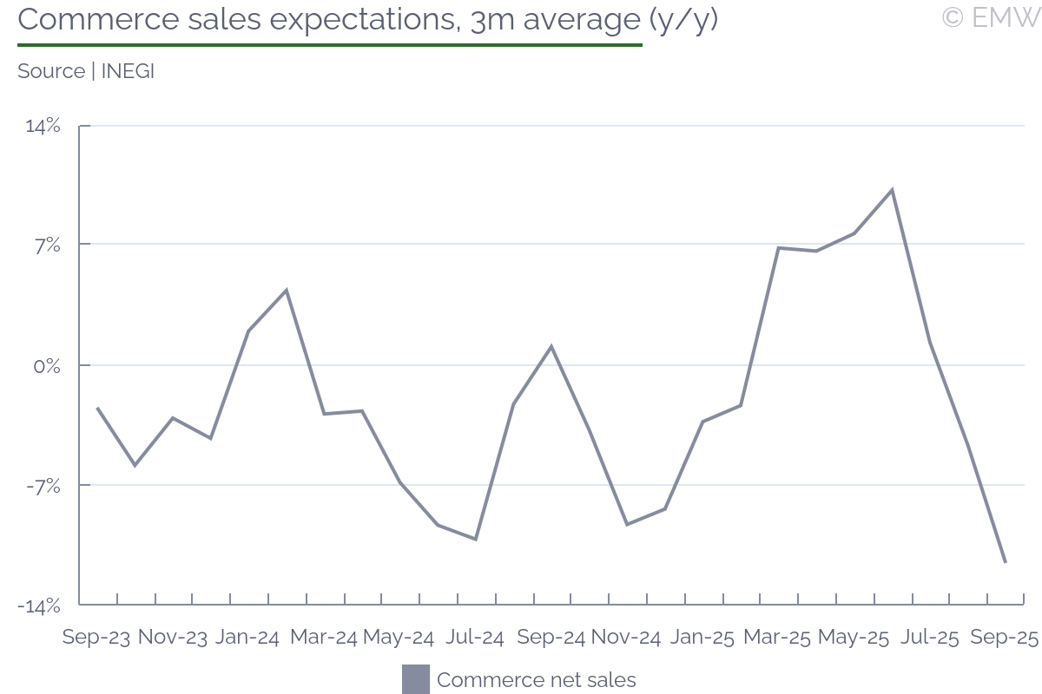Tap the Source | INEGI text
(86, 71)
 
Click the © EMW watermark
(990, 16)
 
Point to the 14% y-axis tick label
(43, 126)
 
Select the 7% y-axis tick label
(47, 245)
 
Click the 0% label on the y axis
(47, 366)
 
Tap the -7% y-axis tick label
(44, 486)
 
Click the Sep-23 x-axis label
(96, 638)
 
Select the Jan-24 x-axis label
(247, 638)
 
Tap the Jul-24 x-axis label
(474, 638)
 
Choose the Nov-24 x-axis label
(626, 638)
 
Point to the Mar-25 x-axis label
(777, 638)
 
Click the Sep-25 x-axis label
(1004, 638)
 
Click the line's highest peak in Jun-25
(892, 190)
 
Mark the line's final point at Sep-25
(1006, 562)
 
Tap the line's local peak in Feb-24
(286, 290)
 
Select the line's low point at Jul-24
(476, 539)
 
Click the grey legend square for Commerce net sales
(416, 679)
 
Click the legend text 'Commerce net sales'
(536, 680)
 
